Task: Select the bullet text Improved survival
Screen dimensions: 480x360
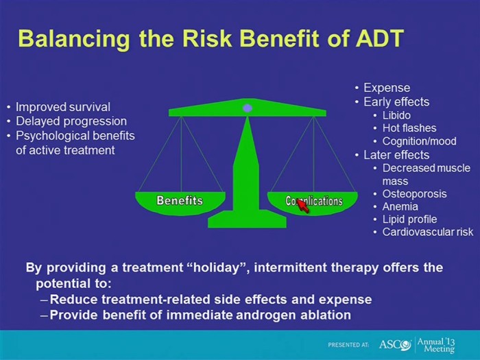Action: (63, 107)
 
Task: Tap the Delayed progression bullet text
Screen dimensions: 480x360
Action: (71, 121)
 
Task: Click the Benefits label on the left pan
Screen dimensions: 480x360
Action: (180, 200)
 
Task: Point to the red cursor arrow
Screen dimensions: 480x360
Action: (302, 205)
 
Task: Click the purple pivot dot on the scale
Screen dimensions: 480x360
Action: (248, 108)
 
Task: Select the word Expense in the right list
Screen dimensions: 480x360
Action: (387, 88)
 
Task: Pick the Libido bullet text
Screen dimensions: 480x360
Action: (396, 115)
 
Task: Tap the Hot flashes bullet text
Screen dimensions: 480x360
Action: (409, 128)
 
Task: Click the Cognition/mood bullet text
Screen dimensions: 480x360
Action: (420, 141)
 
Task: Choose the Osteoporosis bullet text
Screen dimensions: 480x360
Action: (414, 194)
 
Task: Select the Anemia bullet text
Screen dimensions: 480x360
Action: (400, 206)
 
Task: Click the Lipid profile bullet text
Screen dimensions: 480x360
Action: (409, 219)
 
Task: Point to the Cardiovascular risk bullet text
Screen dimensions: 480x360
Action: (428, 232)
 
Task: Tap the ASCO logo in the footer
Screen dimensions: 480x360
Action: (395, 345)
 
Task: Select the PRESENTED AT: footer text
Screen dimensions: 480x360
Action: (348, 345)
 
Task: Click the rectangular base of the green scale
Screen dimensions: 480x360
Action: (247, 219)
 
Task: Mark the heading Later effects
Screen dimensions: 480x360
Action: (396, 155)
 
